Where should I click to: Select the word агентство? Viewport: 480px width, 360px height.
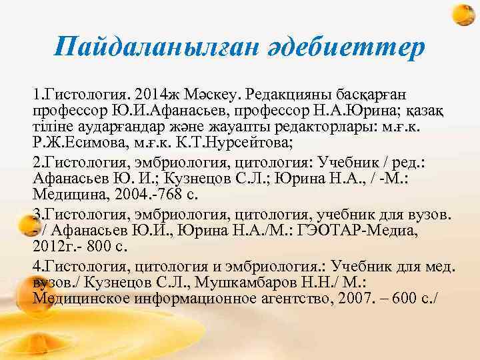[x=306, y=297]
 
